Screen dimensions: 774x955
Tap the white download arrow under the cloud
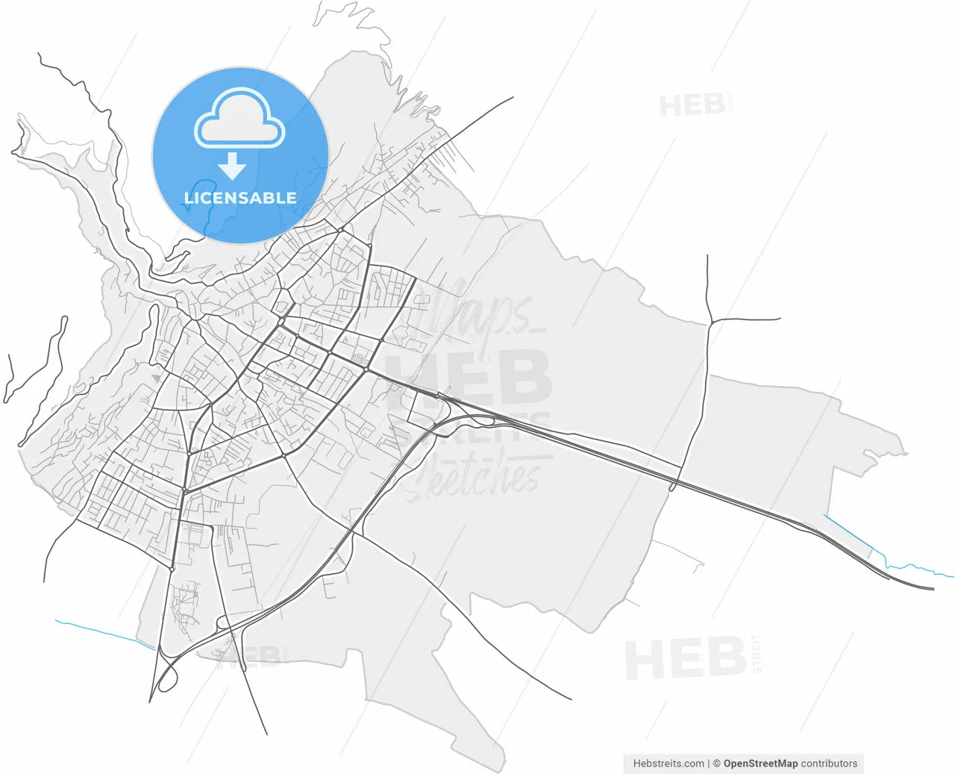233,166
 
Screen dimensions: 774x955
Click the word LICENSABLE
240,198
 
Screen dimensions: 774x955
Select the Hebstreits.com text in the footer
668,764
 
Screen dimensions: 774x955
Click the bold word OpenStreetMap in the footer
760,764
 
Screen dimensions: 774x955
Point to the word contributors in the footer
829,764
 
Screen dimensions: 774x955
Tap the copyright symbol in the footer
716,764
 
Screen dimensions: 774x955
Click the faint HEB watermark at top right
692,105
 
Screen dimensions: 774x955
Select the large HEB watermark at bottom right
685,658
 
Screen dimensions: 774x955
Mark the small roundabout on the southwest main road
172,569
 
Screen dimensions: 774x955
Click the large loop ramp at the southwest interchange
168,675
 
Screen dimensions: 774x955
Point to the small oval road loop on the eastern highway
674,486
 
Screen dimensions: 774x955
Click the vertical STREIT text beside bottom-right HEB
757,654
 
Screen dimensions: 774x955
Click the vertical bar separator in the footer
708,764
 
